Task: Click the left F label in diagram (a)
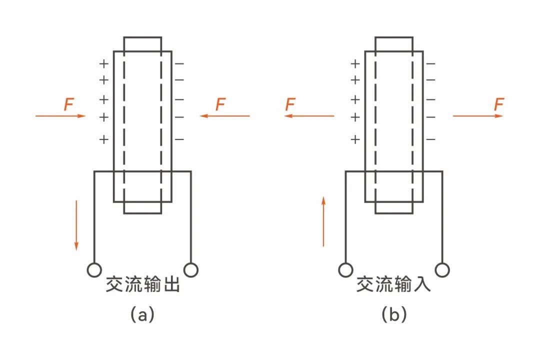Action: click(69, 104)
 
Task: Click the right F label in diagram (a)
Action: click(220, 104)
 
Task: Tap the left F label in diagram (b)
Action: click(290, 104)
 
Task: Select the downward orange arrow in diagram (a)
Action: click(76, 224)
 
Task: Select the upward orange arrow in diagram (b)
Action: click(323, 221)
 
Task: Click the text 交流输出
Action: click(142, 285)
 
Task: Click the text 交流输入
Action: click(393, 285)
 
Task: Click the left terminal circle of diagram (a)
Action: click(93, 270)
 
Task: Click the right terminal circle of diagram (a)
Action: click(191, 270)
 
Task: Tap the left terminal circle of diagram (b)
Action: click(345, 270)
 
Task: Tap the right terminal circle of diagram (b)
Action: click(442, 270)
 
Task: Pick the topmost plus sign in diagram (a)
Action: click(103, 64)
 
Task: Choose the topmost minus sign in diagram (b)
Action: click(430, 64)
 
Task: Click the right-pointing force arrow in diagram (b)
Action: click(477, 116)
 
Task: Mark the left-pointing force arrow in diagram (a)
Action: click(224, 116)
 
